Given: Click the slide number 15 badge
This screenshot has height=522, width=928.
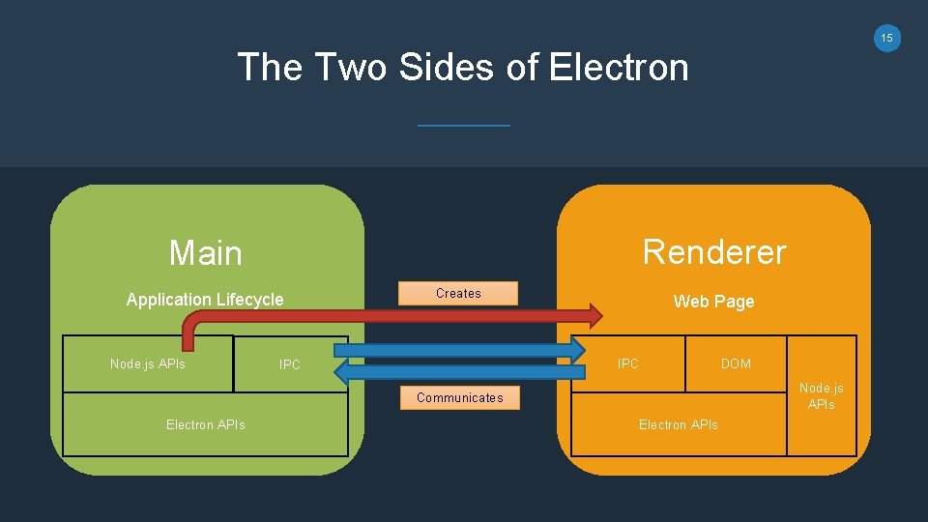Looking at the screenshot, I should (x=886, y=38).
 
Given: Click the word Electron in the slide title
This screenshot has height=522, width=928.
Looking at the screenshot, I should (x=619, y=68).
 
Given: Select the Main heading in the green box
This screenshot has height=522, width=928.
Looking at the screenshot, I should (x=206, y=253).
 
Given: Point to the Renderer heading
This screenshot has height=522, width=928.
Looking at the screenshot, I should (x=714, y=251).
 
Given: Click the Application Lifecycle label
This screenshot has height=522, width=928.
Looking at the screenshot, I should (x=205, y=300).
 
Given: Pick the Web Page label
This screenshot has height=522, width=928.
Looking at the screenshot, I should (x=713, y=302).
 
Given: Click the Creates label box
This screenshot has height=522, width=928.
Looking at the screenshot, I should (x=458, y=293).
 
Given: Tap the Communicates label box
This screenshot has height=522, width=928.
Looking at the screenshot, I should (x=459, y=397).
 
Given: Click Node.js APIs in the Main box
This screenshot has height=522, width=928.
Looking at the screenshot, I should (x=148, y=364).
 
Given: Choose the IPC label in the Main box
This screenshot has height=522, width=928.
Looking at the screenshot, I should (x=290, y=365).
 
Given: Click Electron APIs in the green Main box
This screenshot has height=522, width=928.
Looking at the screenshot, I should (x=205, y=424).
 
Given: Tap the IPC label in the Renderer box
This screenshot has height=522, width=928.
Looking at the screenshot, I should (x=628, y=364).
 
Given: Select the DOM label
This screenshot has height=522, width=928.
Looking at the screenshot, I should (x=736, y=364).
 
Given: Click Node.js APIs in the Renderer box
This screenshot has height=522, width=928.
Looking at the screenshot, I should (x=821, y=395).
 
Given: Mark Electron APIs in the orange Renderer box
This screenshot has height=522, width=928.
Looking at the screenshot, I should (x=678, y=424).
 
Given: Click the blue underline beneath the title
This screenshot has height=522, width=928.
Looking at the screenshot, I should (x=463, y=125).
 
